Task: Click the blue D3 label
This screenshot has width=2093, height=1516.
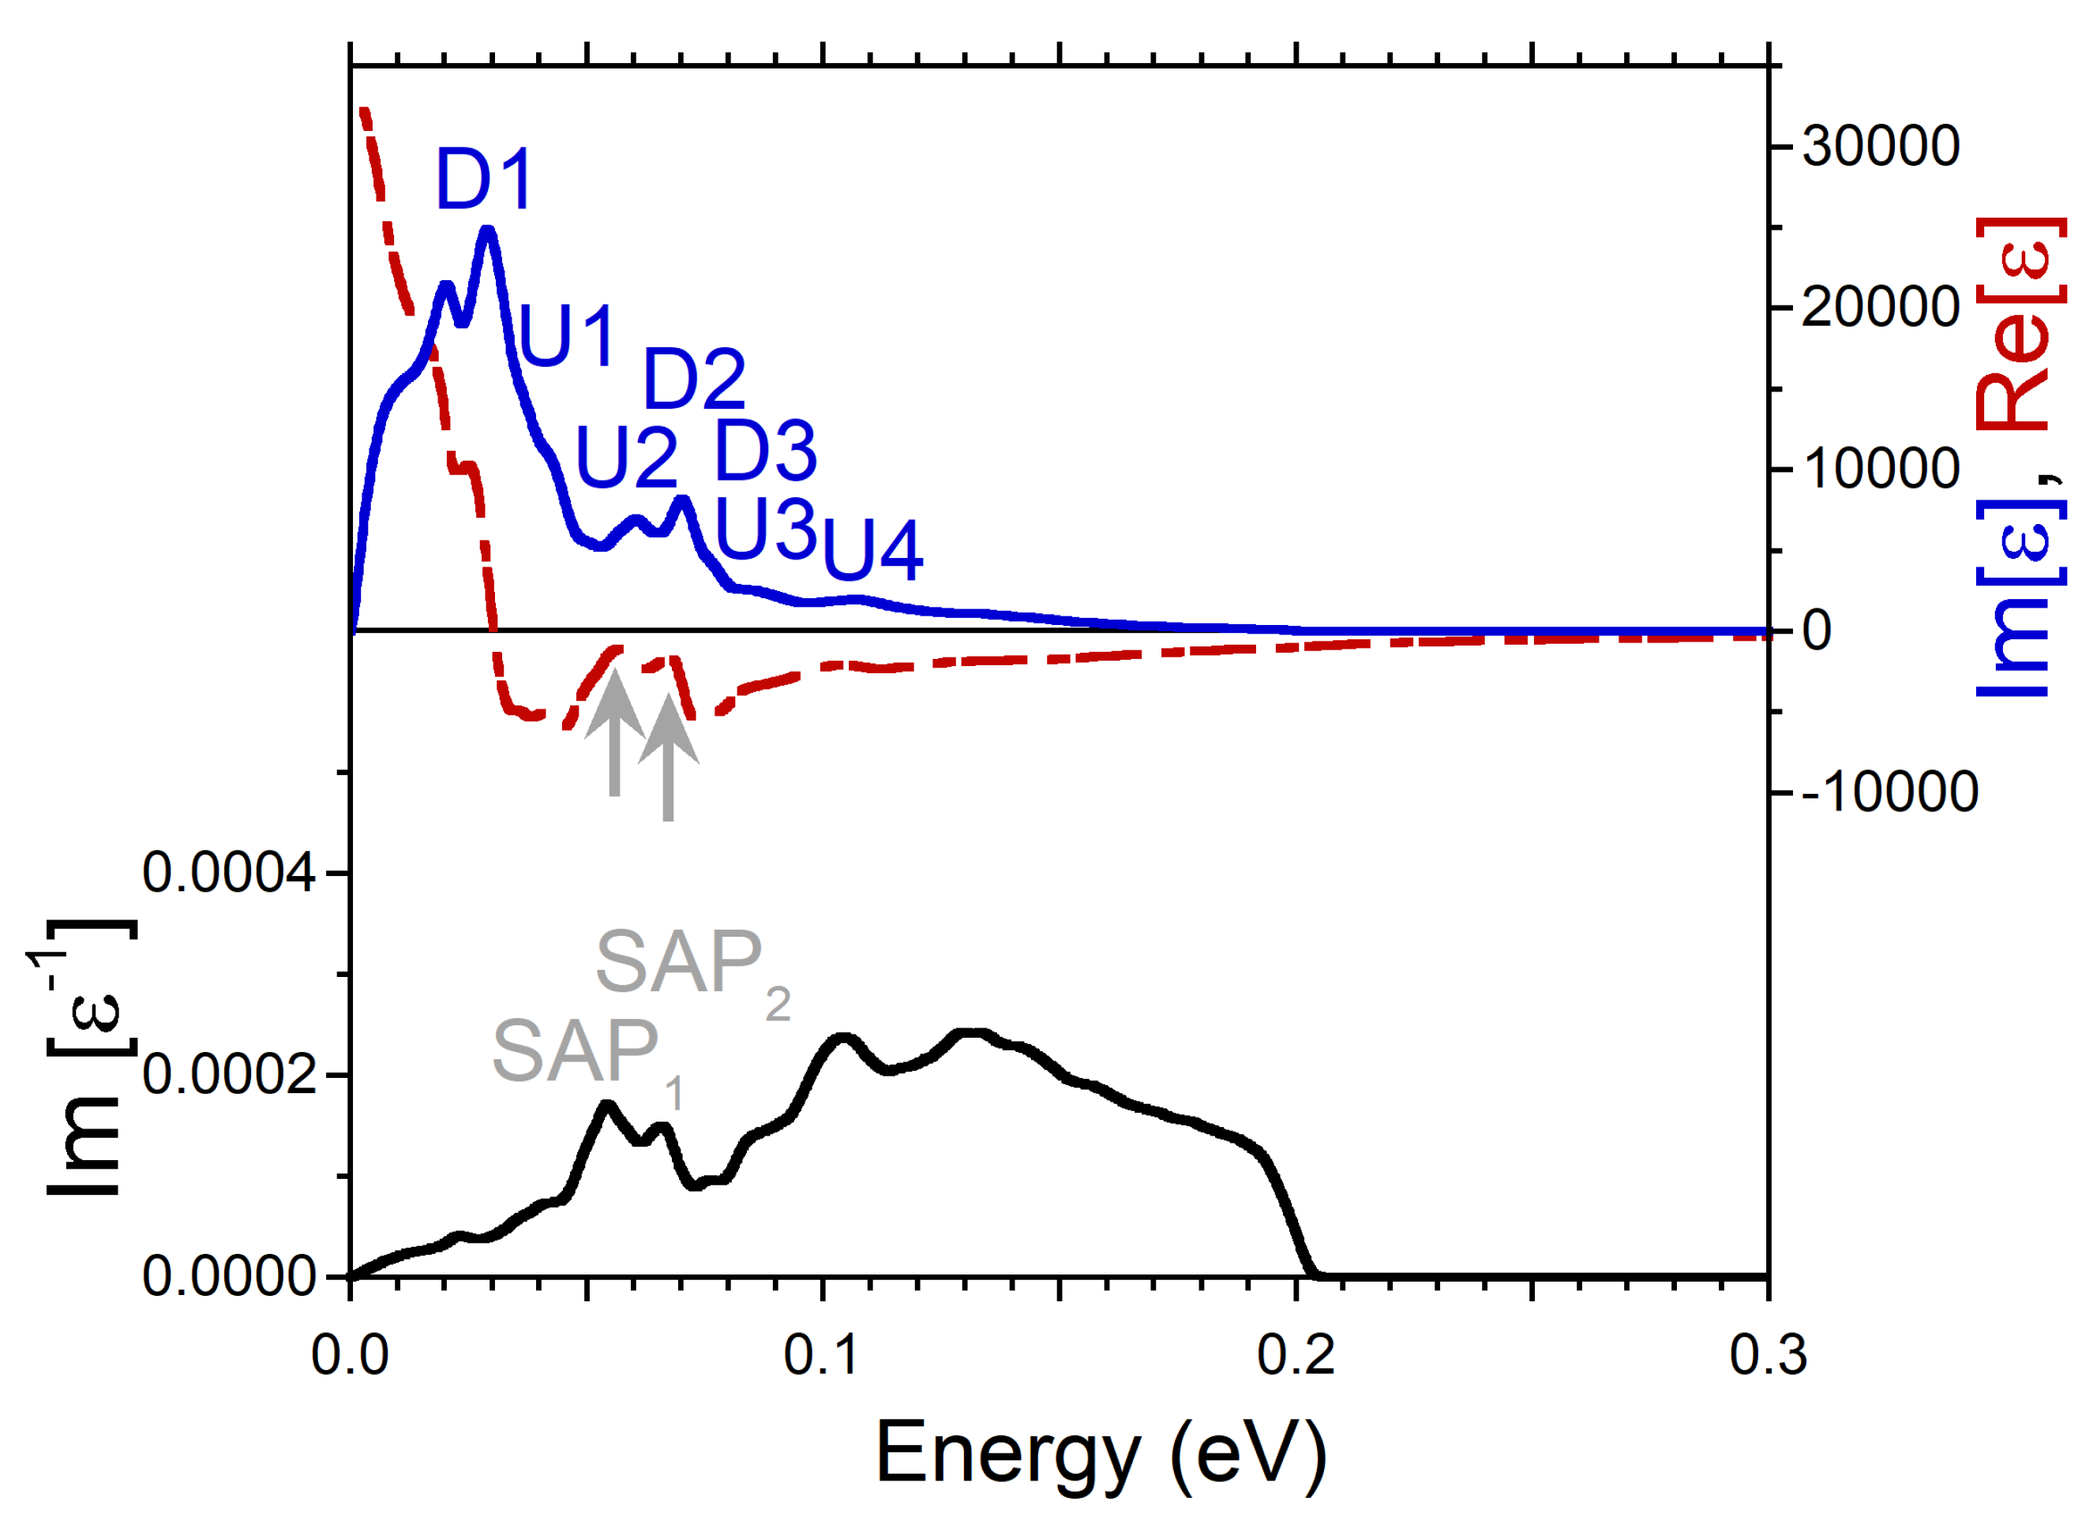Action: pyautogui.click(x=765, y=451)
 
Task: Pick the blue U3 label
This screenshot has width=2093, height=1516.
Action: pyautogui.click(x=765, y=529)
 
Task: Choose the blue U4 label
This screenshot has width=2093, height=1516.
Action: pyautogui.click(x=872, y=551)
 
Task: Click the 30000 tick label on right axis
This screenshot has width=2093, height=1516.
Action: pyautogui.click(x=1880, y=147)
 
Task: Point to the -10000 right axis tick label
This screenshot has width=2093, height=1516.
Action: pyautogui.click(x=1889, y=792)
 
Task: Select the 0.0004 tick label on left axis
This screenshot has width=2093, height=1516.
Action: pyautogui.click(x=229, y=872)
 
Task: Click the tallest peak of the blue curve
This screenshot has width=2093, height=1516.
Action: pyautogui.click(x=488, y=230)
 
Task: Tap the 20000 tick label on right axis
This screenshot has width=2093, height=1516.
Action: pyautogui.click(x=1880, y=307)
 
